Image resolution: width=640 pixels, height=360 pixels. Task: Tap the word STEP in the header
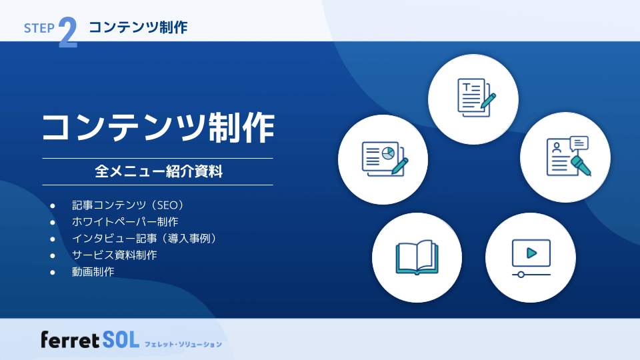(x=39, y=28)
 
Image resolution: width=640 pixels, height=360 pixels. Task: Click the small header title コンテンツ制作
(x=138, y=27)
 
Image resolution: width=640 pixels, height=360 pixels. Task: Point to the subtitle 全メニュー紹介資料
(x=158, y=172)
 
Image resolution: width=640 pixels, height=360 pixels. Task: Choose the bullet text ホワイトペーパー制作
(x=125, y=221)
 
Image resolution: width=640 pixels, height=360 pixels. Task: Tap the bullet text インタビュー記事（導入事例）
(x=144, y=238)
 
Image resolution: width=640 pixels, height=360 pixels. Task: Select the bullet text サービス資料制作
(x=114, y=255)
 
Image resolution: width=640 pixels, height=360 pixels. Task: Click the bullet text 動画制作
(x=93, y=271)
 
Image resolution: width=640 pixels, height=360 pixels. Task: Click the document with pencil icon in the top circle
(x=475, y=97)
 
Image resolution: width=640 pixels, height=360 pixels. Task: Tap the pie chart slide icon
(x=383, y=158)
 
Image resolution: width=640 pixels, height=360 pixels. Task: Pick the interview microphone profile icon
(x=567, y=156)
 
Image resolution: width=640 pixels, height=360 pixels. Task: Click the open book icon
(x=417, y=257)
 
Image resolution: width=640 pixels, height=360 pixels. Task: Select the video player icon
(x=531, y=257)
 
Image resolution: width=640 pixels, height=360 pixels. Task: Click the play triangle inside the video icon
(x=531, y=253)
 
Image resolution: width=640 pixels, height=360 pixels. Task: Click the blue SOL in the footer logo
(x=121, y=340)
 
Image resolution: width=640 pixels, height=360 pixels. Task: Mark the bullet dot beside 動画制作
(x=52, y=272)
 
